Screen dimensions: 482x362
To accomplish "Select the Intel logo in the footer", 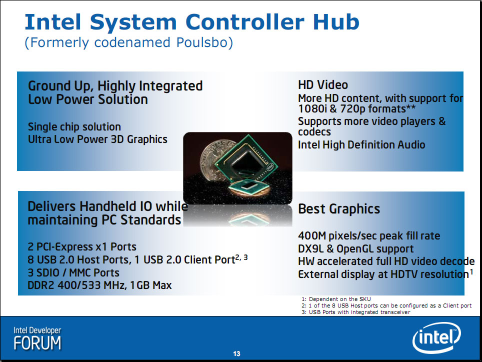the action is pyautogui.click(x=436, y=337).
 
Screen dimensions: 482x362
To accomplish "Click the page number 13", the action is pyautogui.click(x=236, y=353).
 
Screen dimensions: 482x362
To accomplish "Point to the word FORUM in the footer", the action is pyautogui.click(x=37, y=343).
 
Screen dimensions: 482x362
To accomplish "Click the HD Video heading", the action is pyautogui.click(x=323, y=85).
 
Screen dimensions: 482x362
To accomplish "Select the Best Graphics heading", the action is pyautogui.click(x=339, y=209).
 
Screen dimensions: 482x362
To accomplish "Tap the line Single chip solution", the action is pyautogui.click(x=74, y=126).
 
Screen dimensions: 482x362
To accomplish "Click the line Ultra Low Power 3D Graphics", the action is pyautogui.click(x=98, y=139).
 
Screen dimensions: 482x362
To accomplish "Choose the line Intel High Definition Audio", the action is pyautogui.click(x=361, y=144).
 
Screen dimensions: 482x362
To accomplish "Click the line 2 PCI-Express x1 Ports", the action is pyautogui.click(x=82, y=247).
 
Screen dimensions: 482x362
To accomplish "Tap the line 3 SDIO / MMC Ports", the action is pyautogui.click(x=73, y=272).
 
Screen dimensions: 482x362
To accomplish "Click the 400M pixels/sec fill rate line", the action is pyautogui.click(x=369, y=235).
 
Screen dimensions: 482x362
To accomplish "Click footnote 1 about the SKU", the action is pyautogui.click(x=336, y=299).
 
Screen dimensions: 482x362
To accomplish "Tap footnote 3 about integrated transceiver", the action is pyautogui.click(x=356, y=312).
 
